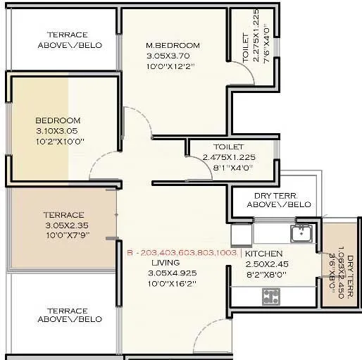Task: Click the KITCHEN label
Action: click(x=264, y=254)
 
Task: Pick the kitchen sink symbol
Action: click(x=302, y=232)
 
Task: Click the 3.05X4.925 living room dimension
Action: click(x=172, y=273)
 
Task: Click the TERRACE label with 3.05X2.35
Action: click(x=63, y=215)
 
